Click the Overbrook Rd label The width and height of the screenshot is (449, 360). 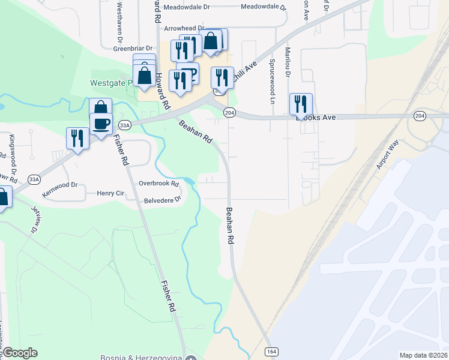pos(159,183)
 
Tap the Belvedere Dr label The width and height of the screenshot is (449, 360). pos(162,200)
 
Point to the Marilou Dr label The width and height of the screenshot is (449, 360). pos(288,63)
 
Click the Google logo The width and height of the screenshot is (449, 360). pos(20,353)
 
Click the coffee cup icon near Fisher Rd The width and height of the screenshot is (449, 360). pos(101,123)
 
